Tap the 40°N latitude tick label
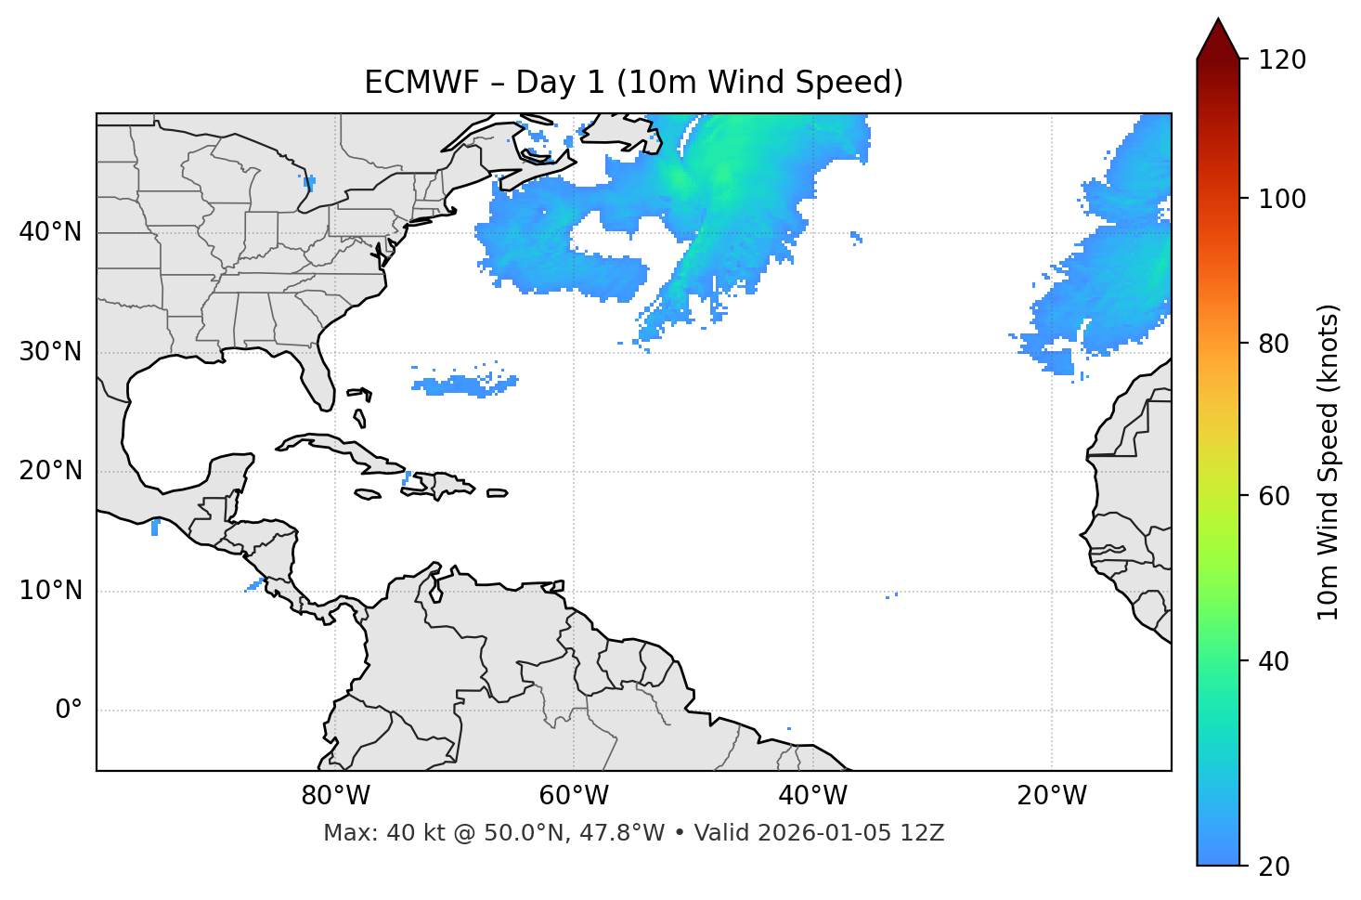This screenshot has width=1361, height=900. click(50, 232)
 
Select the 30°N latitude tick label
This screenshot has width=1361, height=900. click(50, 352)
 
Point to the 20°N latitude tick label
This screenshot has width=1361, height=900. click(50, 471)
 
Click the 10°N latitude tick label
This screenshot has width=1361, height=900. click(50, 591)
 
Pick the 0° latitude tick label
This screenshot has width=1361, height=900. click(69, 711)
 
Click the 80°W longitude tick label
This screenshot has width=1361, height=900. click(335, 796)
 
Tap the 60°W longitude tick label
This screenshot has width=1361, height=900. click(574, 796)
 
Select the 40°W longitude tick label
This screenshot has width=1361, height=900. click(812, 796)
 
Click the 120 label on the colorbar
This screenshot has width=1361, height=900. click(1282, 60)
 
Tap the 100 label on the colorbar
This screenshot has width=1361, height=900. click(1282, 199)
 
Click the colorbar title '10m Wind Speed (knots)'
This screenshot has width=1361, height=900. click(1329, 463)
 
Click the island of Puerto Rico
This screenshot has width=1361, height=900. click(498, 493)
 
